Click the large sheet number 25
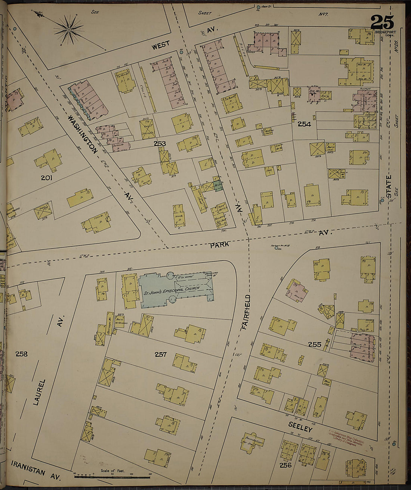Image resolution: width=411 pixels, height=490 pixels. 382,22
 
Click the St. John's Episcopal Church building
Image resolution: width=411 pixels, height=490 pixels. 176,289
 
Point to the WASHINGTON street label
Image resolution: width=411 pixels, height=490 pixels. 83,134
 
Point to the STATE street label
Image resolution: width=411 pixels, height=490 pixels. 389,187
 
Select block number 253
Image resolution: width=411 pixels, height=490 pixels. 160,143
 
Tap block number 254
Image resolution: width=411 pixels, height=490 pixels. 304,124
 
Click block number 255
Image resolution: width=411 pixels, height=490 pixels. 315,345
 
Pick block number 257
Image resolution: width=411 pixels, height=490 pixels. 160,354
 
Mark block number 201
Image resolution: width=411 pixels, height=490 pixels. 47,178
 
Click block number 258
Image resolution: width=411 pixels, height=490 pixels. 21,353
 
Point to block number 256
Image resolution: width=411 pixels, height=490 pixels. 285,465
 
